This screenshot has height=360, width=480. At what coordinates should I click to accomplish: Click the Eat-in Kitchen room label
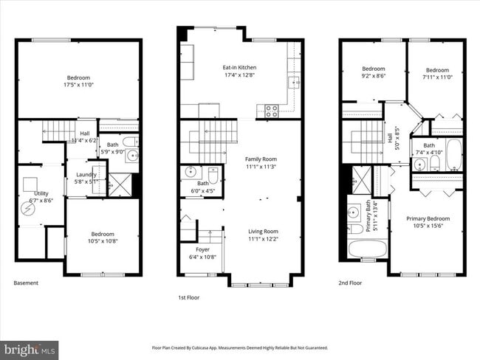coord(239,67)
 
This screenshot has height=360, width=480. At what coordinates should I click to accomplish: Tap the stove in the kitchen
coord(271,111)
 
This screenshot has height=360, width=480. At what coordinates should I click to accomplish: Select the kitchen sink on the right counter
coord(293,82)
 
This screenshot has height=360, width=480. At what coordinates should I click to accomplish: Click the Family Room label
coord(261,159)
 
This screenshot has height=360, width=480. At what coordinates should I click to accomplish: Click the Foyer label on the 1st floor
coord(202,250)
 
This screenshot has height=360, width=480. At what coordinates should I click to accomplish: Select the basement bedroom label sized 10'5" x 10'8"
coord(102,234)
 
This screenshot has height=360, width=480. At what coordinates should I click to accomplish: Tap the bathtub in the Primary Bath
coord(364,249)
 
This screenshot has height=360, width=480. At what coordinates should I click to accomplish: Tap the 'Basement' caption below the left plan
coord(26,283)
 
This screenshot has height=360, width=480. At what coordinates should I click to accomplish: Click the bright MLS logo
coord(30,347)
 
